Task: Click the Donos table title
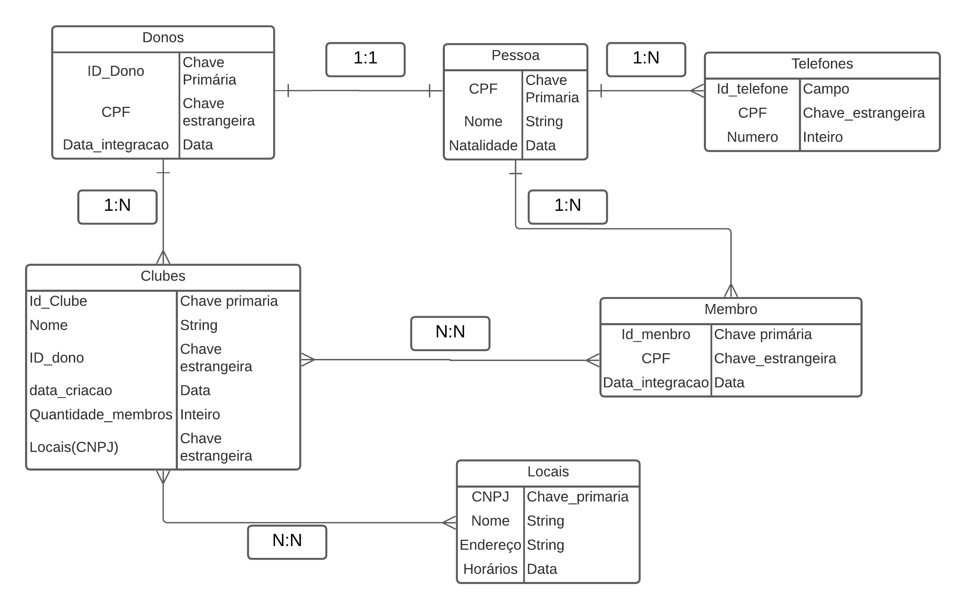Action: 163,38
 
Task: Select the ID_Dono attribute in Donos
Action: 116,71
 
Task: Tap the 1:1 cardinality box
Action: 365,58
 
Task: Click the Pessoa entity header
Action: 515,56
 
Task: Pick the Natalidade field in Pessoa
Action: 483,145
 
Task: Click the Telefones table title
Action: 822,64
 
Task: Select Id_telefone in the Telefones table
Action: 752,89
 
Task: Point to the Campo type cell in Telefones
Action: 826,89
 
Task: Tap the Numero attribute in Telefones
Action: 752,137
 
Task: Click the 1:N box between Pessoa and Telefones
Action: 645,58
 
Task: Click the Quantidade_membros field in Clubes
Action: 101,415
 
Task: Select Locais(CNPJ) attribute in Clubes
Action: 74,447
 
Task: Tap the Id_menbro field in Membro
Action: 655,334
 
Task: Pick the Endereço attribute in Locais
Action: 490,545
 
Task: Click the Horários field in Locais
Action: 490,569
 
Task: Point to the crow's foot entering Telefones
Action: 697,91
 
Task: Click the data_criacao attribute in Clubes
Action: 71,391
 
